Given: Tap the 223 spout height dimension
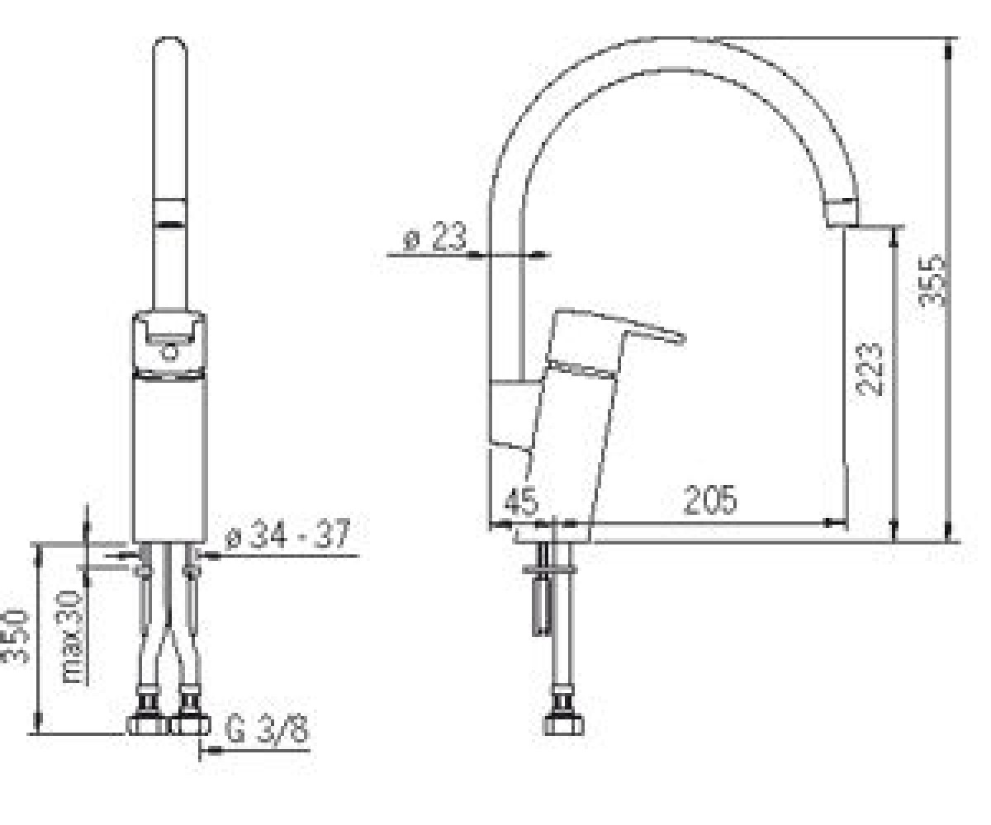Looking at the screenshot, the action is (870, 370).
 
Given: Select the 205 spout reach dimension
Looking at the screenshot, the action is (710, 499).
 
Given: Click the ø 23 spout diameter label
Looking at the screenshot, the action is (435, 236).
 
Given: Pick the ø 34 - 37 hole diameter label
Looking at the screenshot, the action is (287, 535).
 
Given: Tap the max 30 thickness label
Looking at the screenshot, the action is (73, 637).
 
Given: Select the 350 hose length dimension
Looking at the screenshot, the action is (15, 636).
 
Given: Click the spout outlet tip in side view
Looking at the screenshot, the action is (842, 214).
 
